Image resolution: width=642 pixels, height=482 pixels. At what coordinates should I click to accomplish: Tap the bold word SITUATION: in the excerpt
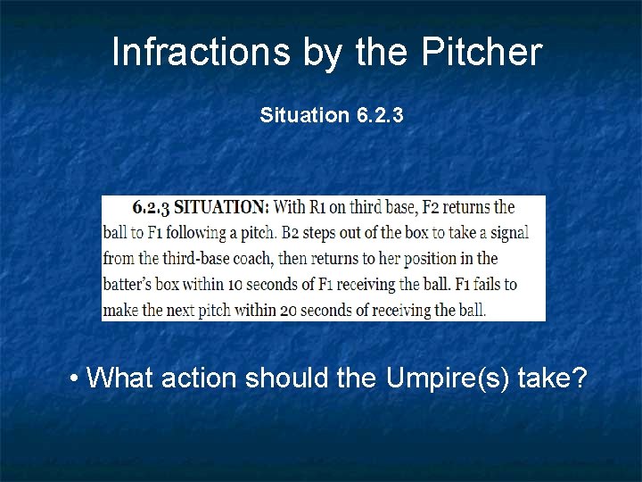(x=220, y=207)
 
